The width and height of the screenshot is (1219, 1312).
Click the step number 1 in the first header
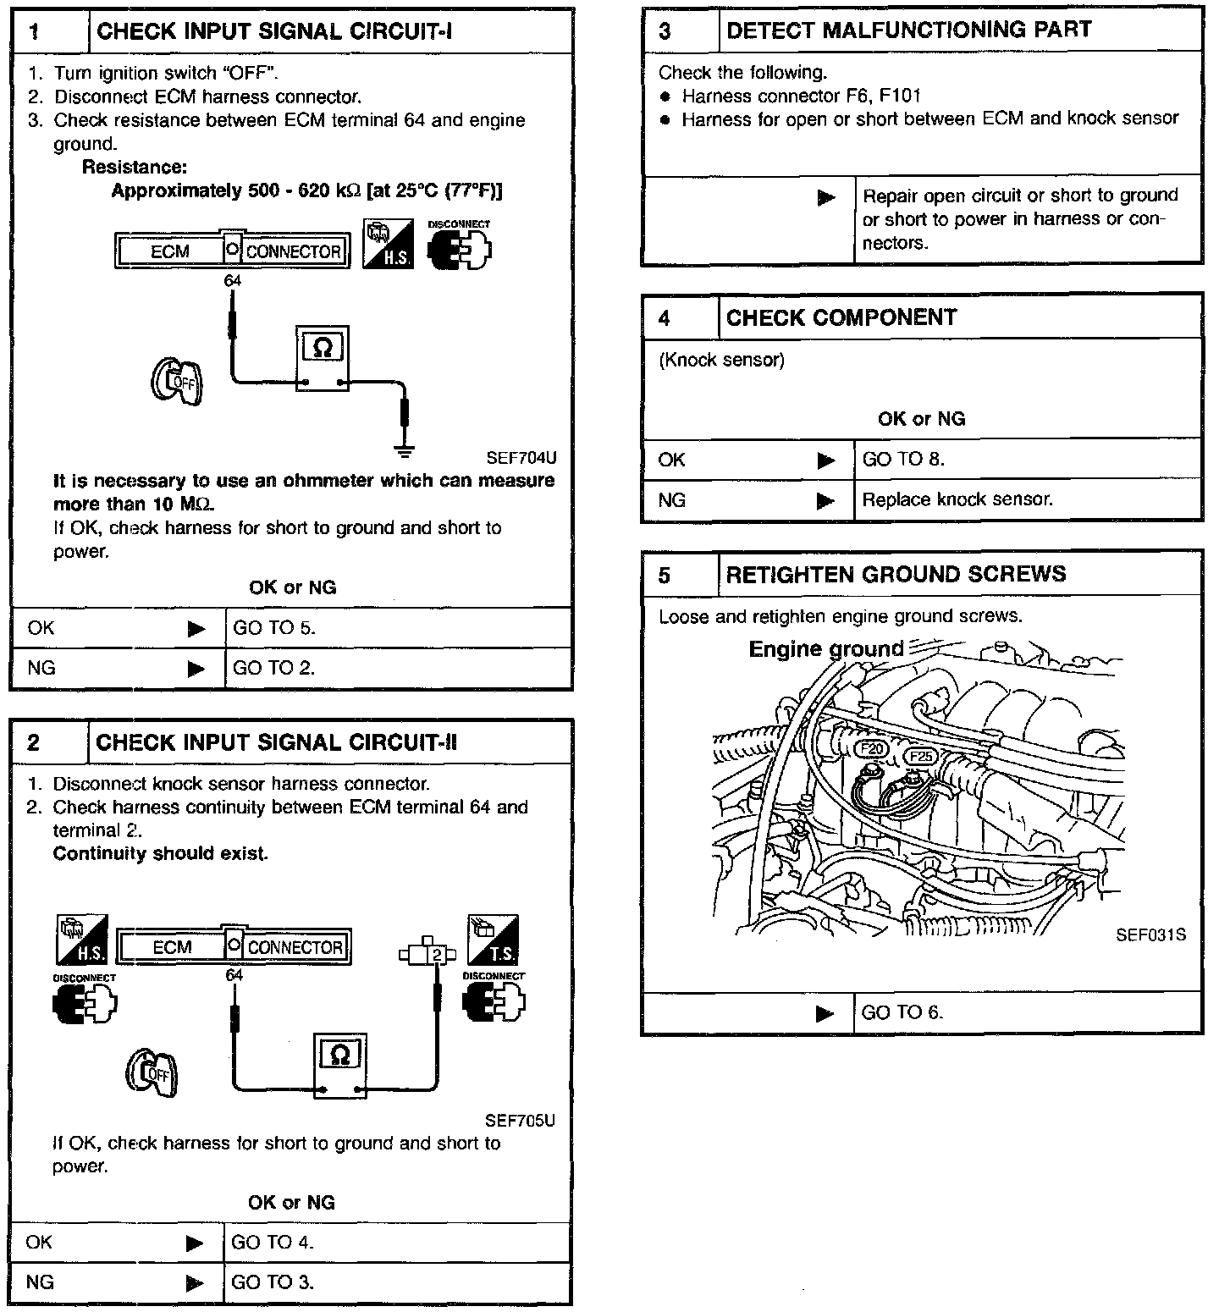click(x=36, y=32)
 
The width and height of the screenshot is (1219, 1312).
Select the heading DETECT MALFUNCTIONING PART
click(x=908, y=30)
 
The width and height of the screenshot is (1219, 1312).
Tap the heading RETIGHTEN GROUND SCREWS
click(x=896, y=575)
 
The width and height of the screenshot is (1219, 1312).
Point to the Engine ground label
click(x=825, y=649)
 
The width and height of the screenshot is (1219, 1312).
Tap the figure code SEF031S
click(x=1150, y=935)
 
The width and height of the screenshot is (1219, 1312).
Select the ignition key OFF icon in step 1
click(x=176, y=381)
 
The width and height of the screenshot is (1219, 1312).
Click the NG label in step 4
click(x=671, y=500)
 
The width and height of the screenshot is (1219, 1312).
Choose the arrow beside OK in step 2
click(x=196, y=1243)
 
